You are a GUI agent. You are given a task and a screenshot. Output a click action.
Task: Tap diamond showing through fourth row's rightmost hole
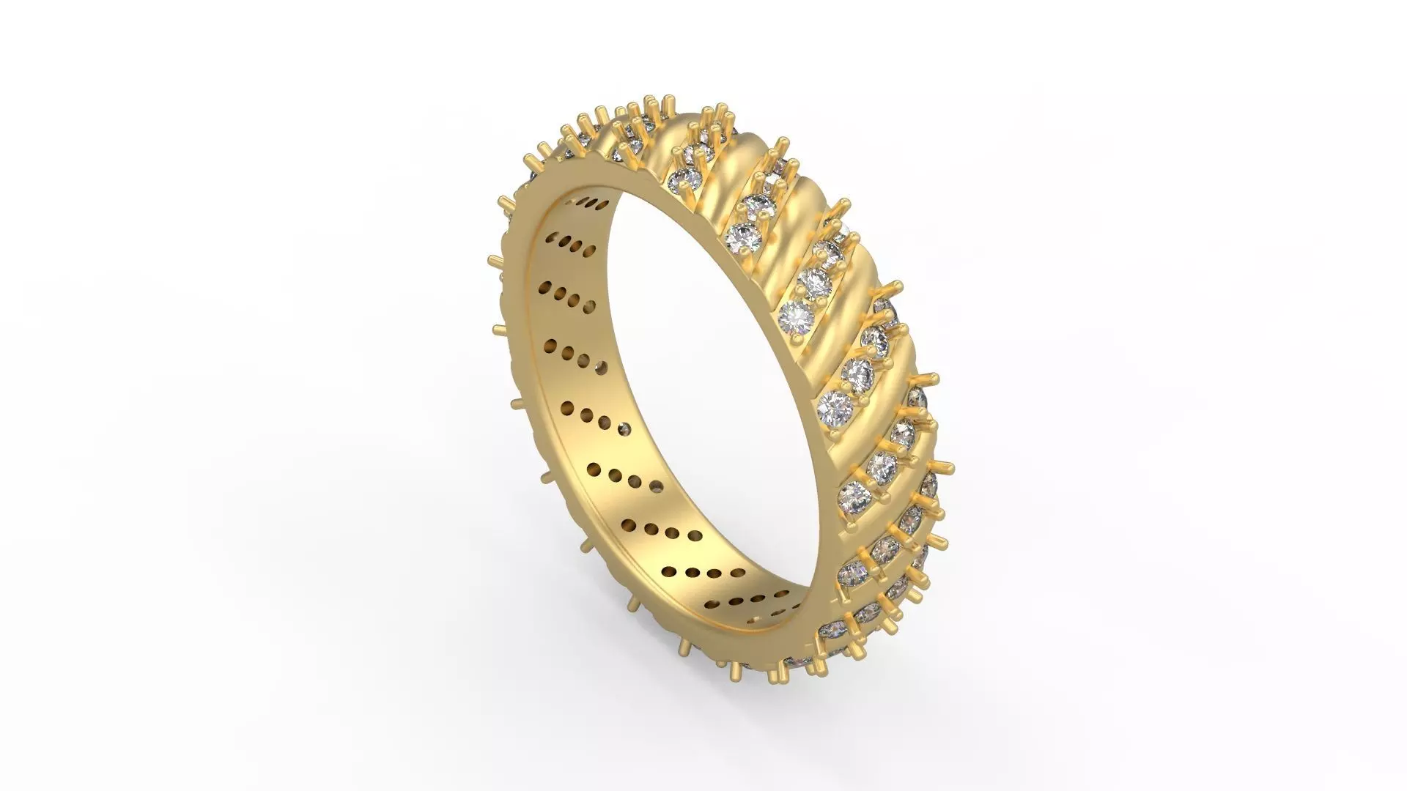pyautogui.click(x=602, y=366)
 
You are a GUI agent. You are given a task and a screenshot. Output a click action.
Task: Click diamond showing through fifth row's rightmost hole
pyautogui.click(x=624, y=428)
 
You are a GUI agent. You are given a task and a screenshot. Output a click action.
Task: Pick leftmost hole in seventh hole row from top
pyautogui.click(x=629, y=524)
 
